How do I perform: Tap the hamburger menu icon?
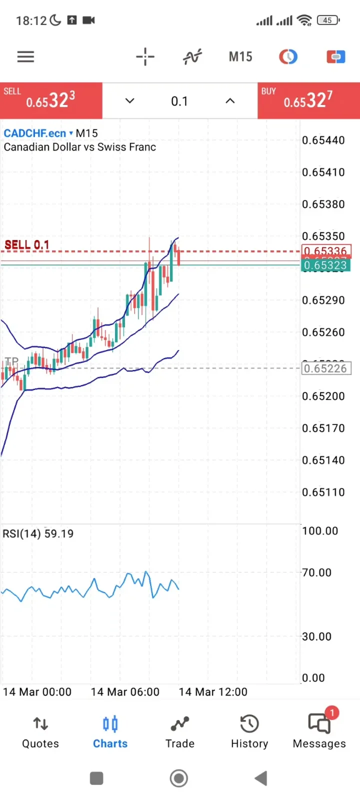coord(25,56)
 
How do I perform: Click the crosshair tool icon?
coord(145,56)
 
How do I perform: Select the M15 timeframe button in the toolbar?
coord(240,56)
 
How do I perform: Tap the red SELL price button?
coord(51,100)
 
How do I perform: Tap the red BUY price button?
coord(308,100)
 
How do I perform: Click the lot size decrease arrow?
coord(129,101)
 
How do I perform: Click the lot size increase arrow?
coord(230,101)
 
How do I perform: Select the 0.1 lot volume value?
coord(179,101)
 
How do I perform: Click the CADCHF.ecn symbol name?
coord(35,133)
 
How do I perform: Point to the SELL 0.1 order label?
coord(27,245)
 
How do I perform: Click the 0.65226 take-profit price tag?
coord(326,368)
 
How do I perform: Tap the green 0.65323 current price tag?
coord(325,265)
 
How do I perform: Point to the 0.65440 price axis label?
coord(323,140)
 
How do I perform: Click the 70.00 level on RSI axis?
coord(316,572)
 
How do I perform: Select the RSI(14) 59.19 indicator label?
coord(38,533)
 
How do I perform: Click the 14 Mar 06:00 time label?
coord(125,692)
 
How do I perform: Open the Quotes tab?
coord(40,732)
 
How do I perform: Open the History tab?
coord(249,732)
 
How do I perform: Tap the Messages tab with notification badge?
coord(319,732)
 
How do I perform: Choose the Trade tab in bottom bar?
coord(180,732)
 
